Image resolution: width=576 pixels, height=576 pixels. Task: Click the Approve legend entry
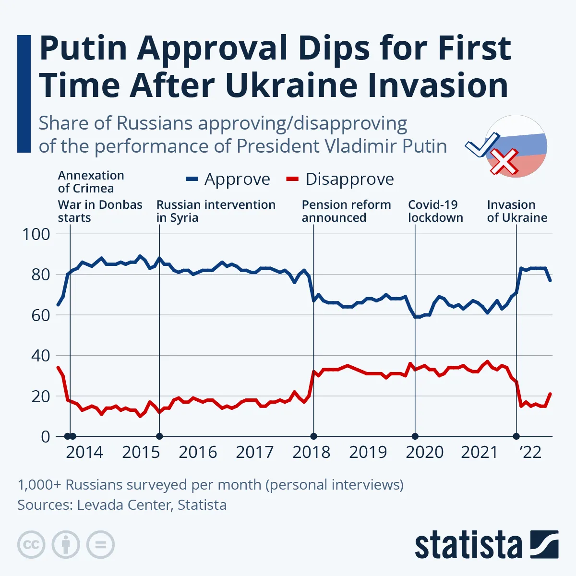tap(228, 179)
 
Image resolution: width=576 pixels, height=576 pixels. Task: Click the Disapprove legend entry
tap(340, 179)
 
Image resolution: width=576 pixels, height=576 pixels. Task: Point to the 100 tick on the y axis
tap(36, 234)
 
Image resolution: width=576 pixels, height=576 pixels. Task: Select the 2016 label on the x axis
tap(198, 452)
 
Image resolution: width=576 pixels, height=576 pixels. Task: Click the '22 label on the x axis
tap(530, 452)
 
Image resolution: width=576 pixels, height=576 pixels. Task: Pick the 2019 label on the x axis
tap(368, 452)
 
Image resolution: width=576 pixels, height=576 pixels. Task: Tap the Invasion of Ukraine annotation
tap(517, 211)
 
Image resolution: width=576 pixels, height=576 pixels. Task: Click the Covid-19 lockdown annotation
tap(435, 211)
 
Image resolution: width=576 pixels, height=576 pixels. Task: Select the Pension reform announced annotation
tap(346, 211)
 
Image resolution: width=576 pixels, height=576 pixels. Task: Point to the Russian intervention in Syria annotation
tap(216, 211)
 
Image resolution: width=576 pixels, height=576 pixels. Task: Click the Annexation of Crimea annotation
tap(91, 182)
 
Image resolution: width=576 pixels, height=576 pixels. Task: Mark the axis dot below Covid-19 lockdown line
tap(415, 436)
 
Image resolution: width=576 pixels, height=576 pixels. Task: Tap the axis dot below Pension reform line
tap(313, 436)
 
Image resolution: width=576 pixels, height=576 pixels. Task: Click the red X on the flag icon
tap(503, 162)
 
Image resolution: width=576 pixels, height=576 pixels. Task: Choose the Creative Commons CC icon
tap(31, 545)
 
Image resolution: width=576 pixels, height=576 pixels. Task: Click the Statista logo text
tap(468, 545)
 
